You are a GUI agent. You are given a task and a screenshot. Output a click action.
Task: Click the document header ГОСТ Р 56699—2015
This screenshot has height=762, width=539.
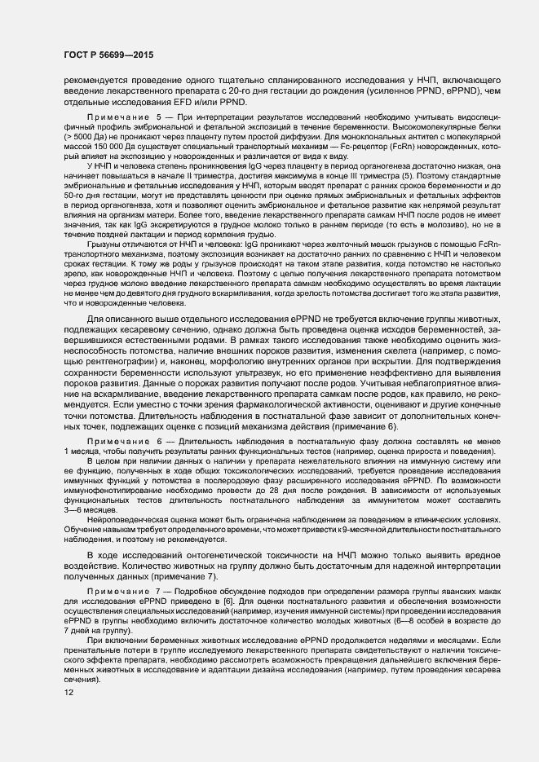(x=108, y=55)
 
